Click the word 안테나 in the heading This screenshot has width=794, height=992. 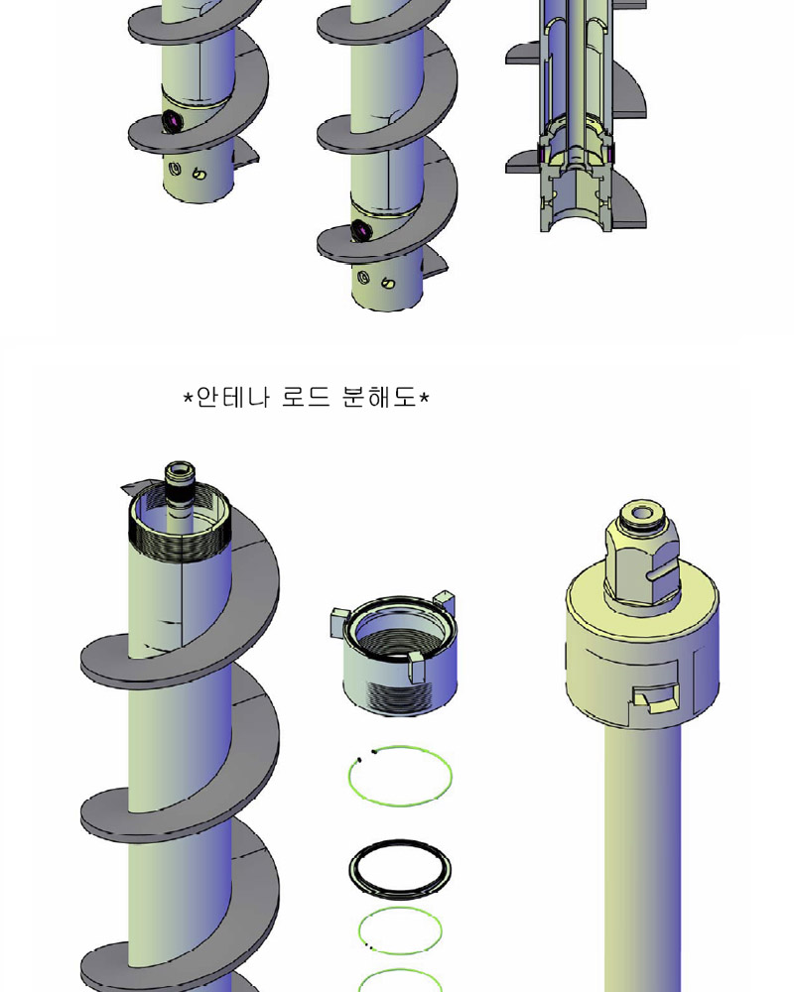232,398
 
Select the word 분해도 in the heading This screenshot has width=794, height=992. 378,398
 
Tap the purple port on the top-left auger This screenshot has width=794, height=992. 171,120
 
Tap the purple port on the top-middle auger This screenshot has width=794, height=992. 360,230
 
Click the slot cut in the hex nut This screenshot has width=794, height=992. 662,573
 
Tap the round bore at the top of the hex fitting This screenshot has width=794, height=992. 641,513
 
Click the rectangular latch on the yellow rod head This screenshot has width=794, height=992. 656,696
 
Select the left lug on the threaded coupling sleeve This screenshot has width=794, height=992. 340,621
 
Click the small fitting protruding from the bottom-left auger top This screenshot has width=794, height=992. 180,485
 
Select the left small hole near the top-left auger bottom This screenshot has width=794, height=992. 177,169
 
